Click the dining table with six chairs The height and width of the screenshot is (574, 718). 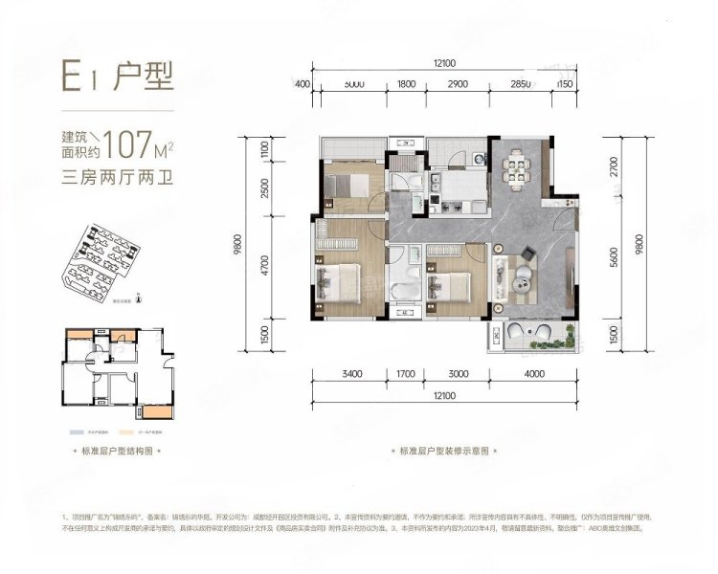[x=518, y=170]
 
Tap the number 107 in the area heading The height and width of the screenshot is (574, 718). [x=131, y=145]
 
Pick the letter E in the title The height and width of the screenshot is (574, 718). [x=72, y=75]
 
